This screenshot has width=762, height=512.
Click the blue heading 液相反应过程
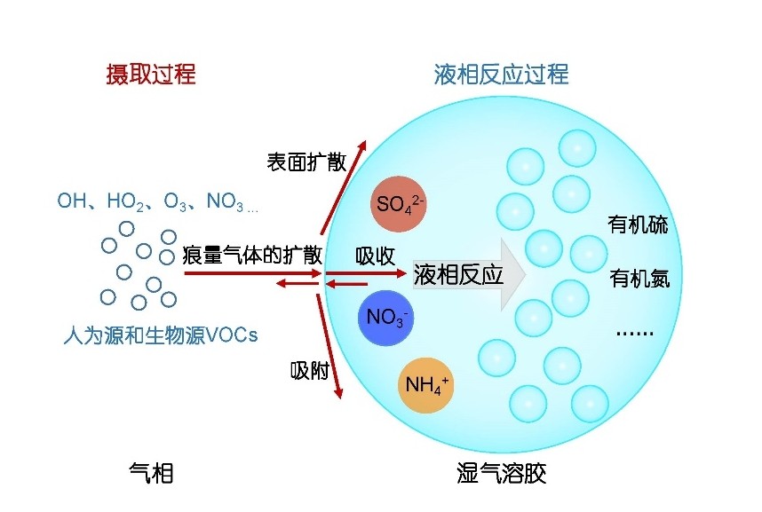[x=501, y=74]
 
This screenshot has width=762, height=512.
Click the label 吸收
[x=375, y=256]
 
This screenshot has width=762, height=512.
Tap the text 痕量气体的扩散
[x=252, y=256]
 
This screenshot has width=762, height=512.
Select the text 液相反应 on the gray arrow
[x=458, y=274]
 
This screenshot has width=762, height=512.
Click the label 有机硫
[x=638, y=224]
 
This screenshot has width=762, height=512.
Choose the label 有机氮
[x=639, y=280]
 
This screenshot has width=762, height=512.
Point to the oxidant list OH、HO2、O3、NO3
[x=156, y=202]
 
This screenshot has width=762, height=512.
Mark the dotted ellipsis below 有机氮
[x=634, y=334]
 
